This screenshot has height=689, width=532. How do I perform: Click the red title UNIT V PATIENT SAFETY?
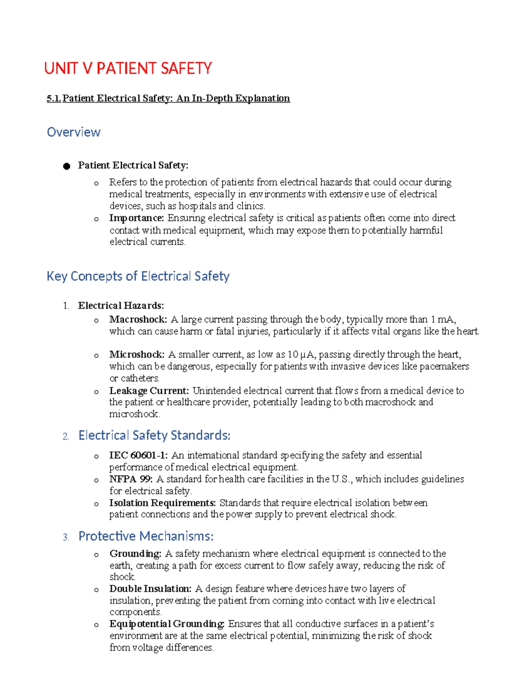click(x=128, y=68)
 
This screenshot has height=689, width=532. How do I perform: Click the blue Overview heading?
click(x=74, y=132)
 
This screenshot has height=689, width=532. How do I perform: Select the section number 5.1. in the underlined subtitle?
click(x=54, y=98)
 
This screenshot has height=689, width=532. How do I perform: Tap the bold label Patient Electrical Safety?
click(x=133, y=165)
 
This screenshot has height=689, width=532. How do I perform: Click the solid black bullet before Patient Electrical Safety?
click(x=66, y=166)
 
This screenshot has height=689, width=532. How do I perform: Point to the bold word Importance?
click(x=137, y=218)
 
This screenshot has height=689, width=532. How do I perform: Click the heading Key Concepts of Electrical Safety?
click(x=138, y=276)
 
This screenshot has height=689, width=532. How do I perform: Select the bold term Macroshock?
click(x=138, y=319)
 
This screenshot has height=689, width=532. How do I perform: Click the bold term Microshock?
click(x=137, y=354)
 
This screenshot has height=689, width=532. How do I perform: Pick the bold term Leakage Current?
click(x=149, y=391)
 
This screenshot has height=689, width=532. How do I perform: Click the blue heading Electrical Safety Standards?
click(x=154, y=435)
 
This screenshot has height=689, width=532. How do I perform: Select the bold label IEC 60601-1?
click(x=138, y=455)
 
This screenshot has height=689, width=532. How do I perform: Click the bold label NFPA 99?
click(x=131, y=479)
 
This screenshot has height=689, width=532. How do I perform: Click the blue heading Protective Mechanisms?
click(x=146, y=536)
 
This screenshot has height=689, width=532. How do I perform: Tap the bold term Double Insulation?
click(x=150, y=589)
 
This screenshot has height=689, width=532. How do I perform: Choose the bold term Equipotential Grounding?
click(x=167, y=624)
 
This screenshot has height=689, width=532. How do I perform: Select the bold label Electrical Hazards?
click(x=121, y=306)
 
